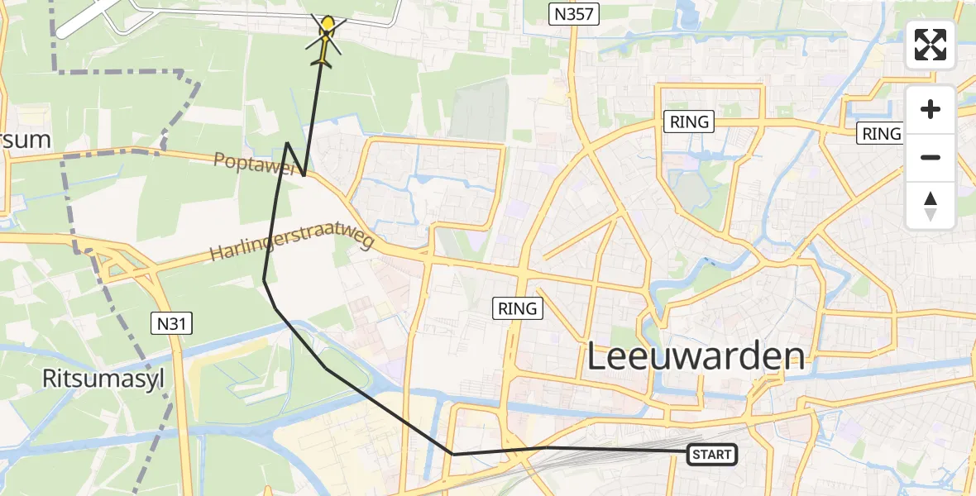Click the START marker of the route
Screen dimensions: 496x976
coord(711,454)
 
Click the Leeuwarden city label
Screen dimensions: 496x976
coord(696,357)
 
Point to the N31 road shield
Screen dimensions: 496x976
coord(172,323)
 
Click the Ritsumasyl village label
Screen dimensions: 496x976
coord(104,379)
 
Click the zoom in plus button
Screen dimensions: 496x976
coord(931,110)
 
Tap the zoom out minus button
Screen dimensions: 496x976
coord(931,157)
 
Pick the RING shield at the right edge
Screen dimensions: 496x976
coord(880,133)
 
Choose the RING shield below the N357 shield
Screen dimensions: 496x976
coord(689,122)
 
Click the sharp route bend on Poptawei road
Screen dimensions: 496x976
coord(304,175)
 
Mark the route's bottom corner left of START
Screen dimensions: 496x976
coord(452,454)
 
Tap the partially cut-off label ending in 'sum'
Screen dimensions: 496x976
coord(25,139)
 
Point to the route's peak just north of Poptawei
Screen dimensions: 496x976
coord(287,143)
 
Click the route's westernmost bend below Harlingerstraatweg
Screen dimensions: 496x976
coord(264,280)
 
